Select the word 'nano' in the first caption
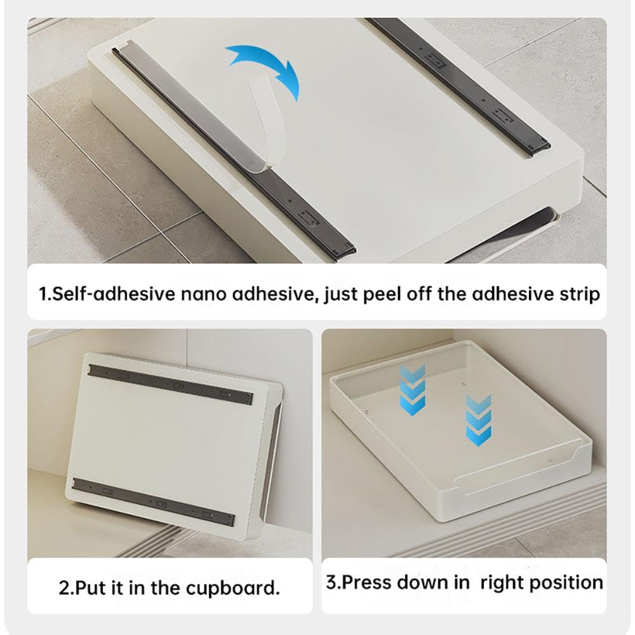pos(203,295)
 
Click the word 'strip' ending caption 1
pos(580,295)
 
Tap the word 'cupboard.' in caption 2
pos(233,588)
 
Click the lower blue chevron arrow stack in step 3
pos(479,420)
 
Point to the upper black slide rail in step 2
pos(170,384)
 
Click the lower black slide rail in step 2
pos(154,501)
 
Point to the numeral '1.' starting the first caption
pos(45,295)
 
